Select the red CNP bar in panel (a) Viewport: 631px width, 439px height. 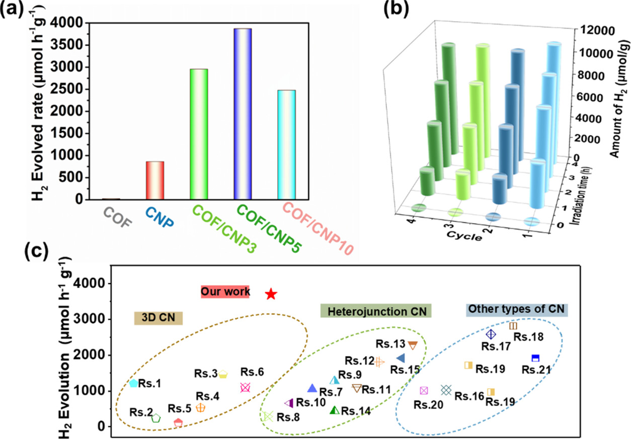(x=155, y=181)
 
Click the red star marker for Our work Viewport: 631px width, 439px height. (x=271, y=294)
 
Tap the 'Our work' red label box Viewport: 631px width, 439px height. (x=225, y=292)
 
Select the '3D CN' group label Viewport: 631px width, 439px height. (x=158, y=318)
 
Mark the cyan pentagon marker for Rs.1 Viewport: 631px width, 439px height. (x=133, y=383)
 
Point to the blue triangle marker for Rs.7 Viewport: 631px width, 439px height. (x=312, y=388)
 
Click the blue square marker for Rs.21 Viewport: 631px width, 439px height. (x=535, y=358)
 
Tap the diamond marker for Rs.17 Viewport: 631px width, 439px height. (x=491, y=334)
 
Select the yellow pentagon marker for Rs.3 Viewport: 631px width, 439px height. (x=223, y=374)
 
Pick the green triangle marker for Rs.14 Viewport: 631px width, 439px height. (x=335, y=410)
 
